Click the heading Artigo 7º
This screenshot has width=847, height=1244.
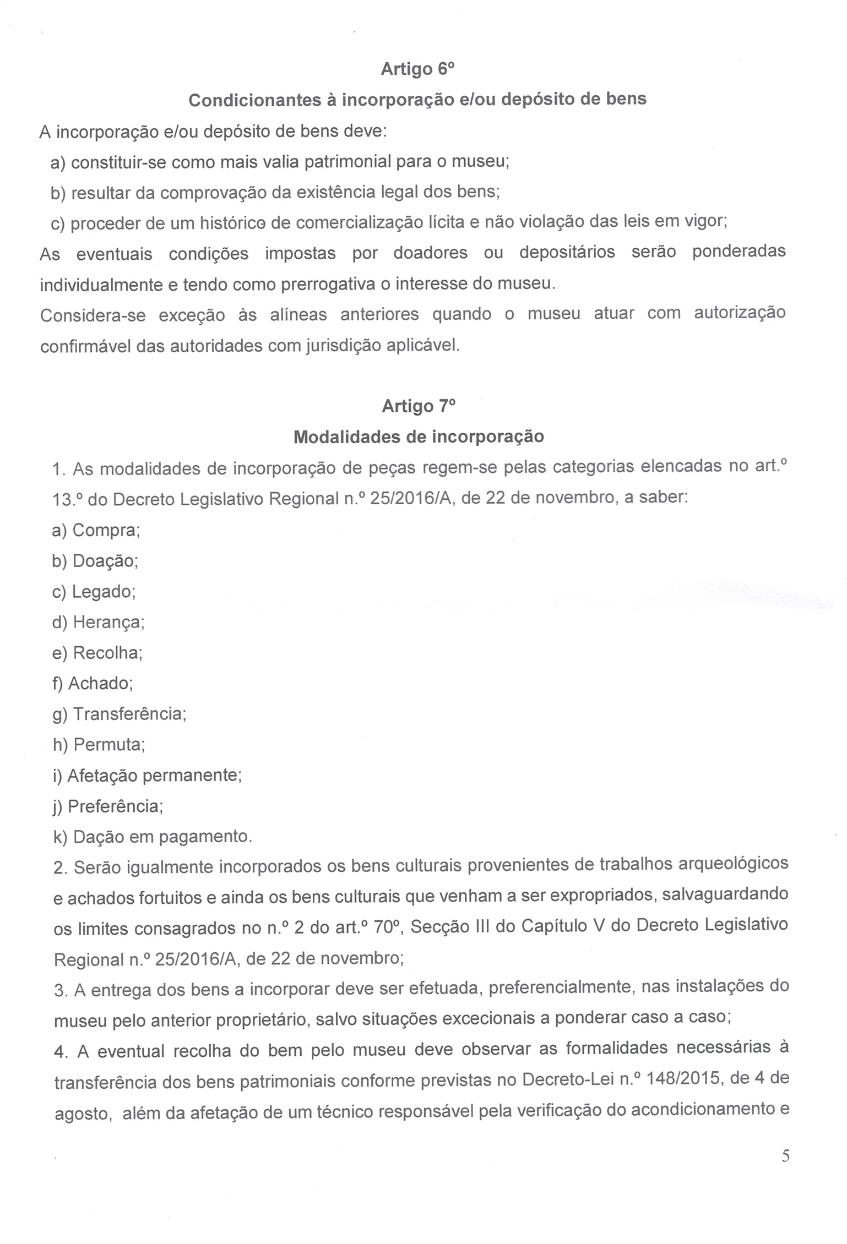point(419,406)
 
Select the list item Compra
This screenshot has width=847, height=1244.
point(96,530)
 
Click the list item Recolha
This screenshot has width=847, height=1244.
point(97,653)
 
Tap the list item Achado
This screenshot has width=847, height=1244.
point(93,683)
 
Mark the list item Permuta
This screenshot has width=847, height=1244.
point(99,745)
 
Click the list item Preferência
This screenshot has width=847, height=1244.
point(108,806)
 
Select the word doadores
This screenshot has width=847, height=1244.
point(431,253)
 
